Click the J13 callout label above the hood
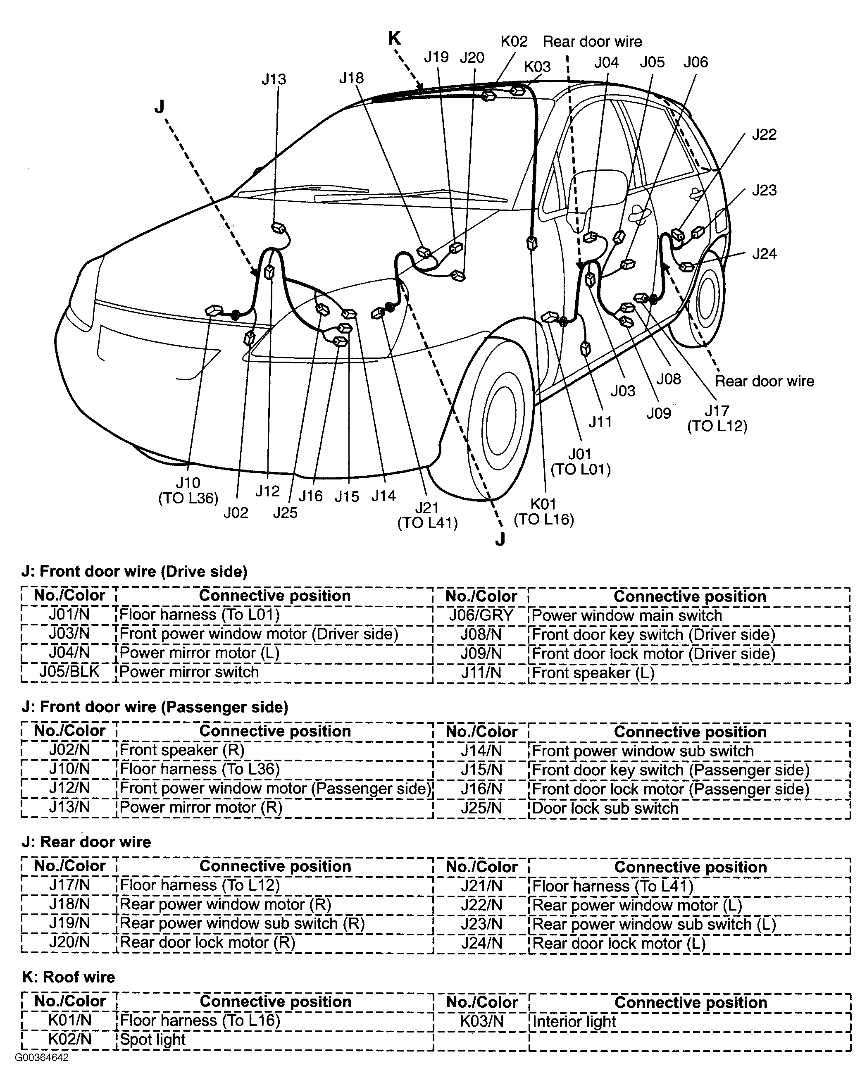pos(274,79)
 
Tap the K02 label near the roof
pos(514,41)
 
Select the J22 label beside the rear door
pos(764,135)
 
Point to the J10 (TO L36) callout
pos(188,490)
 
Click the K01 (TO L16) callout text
pos(543,512)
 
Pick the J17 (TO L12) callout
pos(717,418)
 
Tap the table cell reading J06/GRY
pos(481,615)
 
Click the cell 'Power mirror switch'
pos(189,672)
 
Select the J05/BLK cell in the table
pos(69,672)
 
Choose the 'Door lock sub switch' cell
pos(605,808)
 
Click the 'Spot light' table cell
pos(153,1040)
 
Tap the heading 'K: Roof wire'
pos(68,977)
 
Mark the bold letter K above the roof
pos(395,38)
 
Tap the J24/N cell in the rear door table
pos(481,944)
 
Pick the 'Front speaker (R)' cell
pos(182,750)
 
